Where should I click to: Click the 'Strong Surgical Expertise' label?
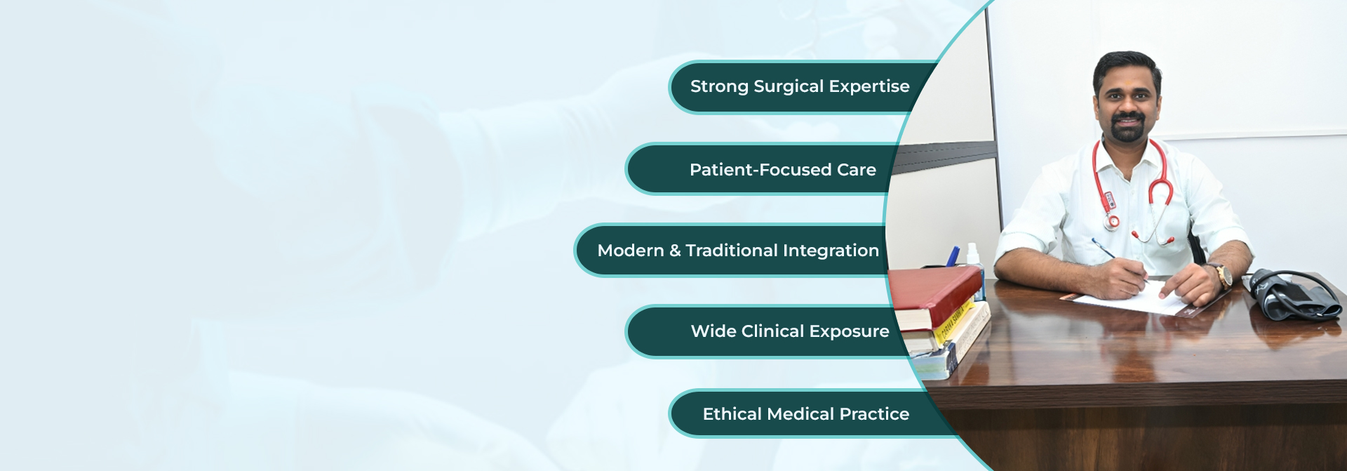tap(800, 86)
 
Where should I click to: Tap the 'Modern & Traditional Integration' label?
tap(738, 251)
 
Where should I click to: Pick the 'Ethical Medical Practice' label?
tap(806, 414)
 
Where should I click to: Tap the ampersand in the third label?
tap(675, 251)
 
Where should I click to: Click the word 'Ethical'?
tap(732, 414)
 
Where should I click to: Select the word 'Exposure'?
tap(849, 332)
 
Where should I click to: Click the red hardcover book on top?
tap(937, 291)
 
